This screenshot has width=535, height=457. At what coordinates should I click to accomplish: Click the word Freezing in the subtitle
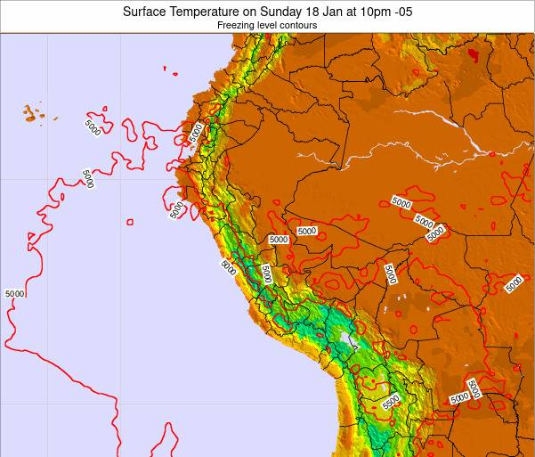[x=236, y=26]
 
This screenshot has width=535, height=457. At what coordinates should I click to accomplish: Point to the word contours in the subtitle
[x=299, y=26]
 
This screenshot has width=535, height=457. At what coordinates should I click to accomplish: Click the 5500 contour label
[x=391, y=402]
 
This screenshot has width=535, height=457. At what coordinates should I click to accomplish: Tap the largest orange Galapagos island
[x=31, y=113]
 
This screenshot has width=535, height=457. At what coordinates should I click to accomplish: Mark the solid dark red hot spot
[x=472, y=55]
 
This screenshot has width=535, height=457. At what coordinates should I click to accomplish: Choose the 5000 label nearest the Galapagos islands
[x=93, y=126]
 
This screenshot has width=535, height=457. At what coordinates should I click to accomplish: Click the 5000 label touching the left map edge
[x=14, y=293]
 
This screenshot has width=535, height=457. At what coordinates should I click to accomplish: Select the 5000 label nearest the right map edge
[x=514, y=284]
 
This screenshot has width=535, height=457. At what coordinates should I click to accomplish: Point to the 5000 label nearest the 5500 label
[x=459, y=397]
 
